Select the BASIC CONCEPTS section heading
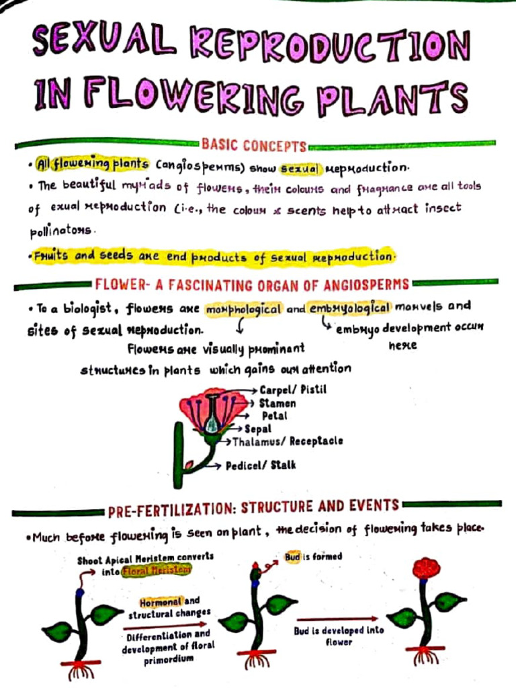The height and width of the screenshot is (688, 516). click(x=254, y=146)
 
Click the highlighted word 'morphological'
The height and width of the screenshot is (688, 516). click(x=244, y=309)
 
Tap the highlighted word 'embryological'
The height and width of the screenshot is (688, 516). click(x=349, y=308)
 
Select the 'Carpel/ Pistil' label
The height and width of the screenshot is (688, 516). click(x=293, y=390)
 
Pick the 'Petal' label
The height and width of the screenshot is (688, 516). click(x=274, y=416)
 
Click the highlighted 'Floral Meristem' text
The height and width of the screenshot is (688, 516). click(x=156, y=570)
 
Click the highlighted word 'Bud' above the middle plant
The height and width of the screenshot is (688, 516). click(x=292, y=557)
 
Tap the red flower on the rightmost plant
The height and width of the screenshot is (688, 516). click(x=426, y=568)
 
